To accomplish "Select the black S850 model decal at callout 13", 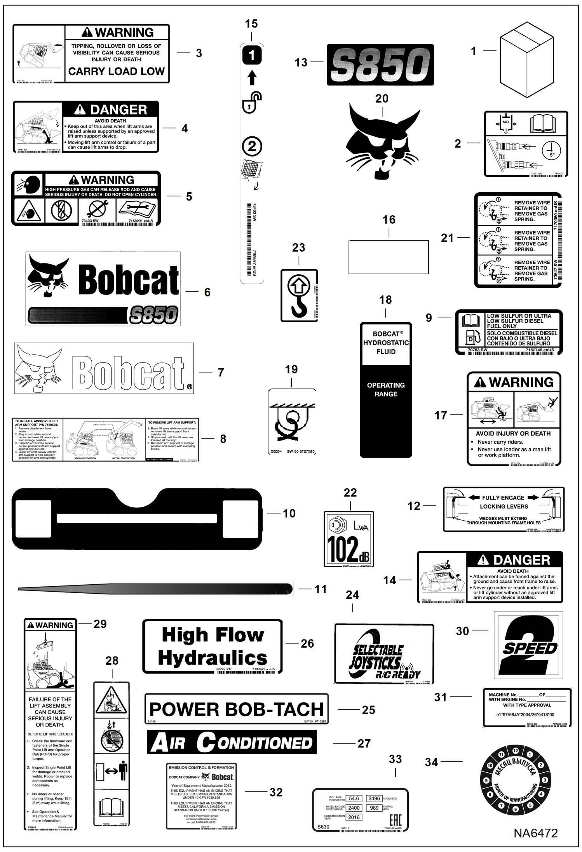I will (380, 64).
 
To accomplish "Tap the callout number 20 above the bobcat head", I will (382, 99).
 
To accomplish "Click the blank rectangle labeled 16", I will (389, 257).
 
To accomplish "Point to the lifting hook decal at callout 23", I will (299, 296).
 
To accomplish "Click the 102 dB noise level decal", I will (349, 539).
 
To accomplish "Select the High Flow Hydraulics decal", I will (212, 646).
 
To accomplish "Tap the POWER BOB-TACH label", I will (236, 709).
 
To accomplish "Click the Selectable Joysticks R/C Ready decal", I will (383, 654).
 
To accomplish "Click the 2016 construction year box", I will (354, 817).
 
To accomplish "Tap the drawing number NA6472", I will (535, 833).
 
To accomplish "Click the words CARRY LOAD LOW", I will (117, 71).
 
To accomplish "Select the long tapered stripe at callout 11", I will (155, 589).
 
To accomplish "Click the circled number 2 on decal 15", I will (252, 146).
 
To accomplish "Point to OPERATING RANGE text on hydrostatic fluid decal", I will (386, 389).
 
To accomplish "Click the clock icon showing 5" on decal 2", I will (551, 150).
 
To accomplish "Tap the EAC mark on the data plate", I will (395, 820).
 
